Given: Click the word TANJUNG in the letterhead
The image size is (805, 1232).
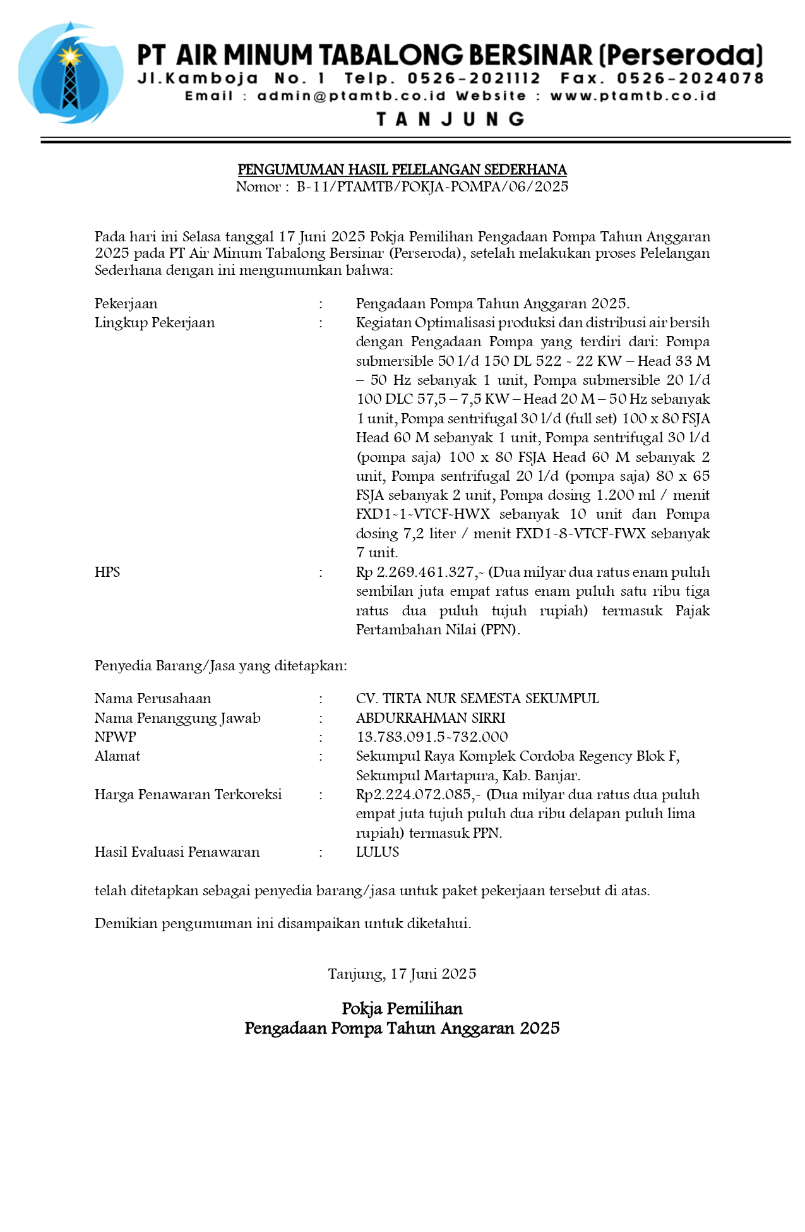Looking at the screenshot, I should click(x=450, y=119).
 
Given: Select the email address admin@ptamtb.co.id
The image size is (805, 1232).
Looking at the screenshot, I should click(x=351, y=96).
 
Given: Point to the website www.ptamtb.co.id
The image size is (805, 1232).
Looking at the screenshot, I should click(x=633, y=96).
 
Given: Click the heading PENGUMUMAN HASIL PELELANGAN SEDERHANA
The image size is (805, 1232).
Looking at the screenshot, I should click(x=402, y=169).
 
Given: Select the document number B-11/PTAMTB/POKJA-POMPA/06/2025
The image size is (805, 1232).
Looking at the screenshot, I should click(x=432, y=186).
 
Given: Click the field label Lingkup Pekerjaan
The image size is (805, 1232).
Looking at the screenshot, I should click(x=155, y=323).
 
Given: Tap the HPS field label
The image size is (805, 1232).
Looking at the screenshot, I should click(x=107, y=572).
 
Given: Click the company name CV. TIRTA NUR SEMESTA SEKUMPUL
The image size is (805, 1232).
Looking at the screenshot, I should click(x=477, y=699).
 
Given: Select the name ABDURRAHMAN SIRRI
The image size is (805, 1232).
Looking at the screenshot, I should click(x=431, y=718).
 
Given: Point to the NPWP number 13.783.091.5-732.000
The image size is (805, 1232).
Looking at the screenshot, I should click(x=432, y=737).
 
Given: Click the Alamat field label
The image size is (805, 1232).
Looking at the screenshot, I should click(x=117, y=756).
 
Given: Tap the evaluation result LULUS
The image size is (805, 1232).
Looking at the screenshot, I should click(x=378, y=852).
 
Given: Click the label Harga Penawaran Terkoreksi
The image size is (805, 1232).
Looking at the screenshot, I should click(x=188, y=795).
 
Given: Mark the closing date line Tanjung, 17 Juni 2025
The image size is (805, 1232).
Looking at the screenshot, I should click(x=402, y=974).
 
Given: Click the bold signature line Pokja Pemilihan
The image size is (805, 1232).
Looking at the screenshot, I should click(x=402, y=1008).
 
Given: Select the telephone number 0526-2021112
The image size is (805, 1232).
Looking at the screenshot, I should click(x=474, y=78).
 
